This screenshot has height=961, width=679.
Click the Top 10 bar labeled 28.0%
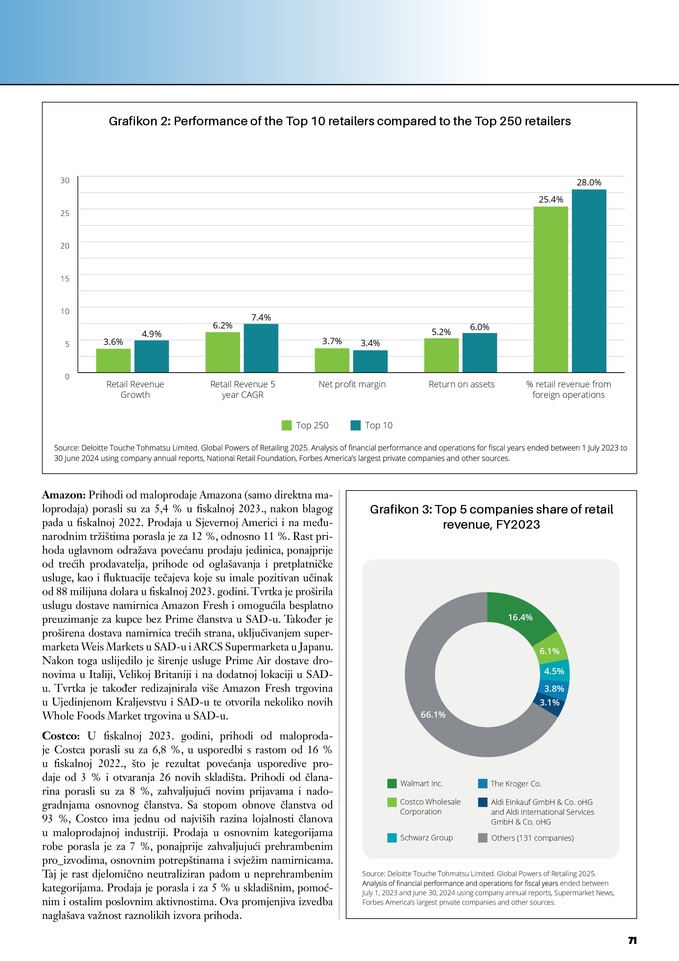(x=589, y=280)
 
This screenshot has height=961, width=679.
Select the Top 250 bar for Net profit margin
(x=332, y=360)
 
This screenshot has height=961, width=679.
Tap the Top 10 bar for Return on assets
(x=480, y=352)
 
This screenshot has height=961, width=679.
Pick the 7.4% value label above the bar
(x=261, y=318)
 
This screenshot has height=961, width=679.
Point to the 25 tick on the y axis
(x=65, y=213)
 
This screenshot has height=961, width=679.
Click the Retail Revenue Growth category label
(x=135, y=389)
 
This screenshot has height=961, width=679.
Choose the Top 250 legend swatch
(x=286, y=425)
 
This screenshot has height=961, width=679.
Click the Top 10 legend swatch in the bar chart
(x=355, y=425)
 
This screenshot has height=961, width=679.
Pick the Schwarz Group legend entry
(x=426, y=837)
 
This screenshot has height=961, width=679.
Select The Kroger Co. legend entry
(x=515, y=783)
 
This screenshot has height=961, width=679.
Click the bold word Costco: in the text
(x=61, y=736)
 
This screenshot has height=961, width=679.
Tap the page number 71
(x=632, y=941)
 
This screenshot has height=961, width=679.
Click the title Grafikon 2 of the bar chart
(x=340, y=121)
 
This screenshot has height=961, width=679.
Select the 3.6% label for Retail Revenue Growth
(x=113, y=342)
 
